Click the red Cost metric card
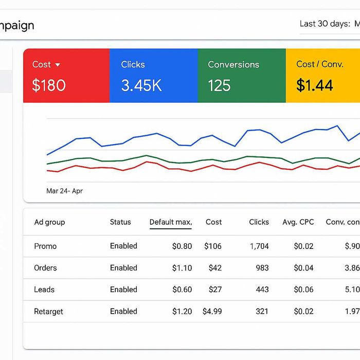66,76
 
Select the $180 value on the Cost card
49,85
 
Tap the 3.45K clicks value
141,85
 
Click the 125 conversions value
219,85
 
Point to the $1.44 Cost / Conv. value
315,85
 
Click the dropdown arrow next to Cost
58,65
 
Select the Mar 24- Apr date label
64,191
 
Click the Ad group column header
49,222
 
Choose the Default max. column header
171,222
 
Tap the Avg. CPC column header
298,222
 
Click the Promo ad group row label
45,246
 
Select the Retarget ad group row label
48,311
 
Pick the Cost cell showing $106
213,246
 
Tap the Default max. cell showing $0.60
182,290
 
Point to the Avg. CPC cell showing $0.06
303,290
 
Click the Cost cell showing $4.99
212,311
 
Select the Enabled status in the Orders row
123,268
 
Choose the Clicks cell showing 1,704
259,246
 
